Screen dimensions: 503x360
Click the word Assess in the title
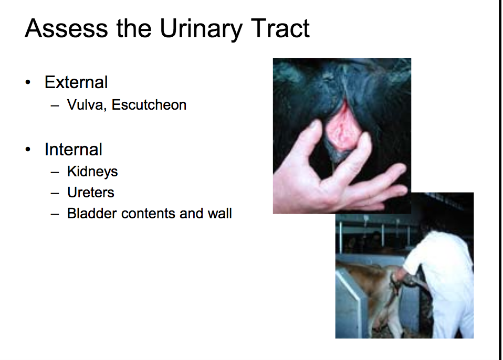click(x=66, y=28)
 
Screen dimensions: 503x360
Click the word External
click(x=76, y=82)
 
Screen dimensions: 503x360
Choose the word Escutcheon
click(x=149, y=105)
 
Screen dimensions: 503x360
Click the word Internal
click(x=74, y=150)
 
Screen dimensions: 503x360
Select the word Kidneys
click(x=92, y=172)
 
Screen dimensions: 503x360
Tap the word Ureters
click(x=91, y=193)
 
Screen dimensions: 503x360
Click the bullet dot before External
click(x=28, y=82)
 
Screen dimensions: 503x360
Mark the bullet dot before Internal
click(x=28, y=150)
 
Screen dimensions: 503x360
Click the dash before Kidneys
click(x=55, y=172)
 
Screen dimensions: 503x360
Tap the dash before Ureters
click(x=55, y=193)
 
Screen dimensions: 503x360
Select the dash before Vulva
click(x=55, y=105)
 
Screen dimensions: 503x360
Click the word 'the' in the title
click(x=134, y=28)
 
